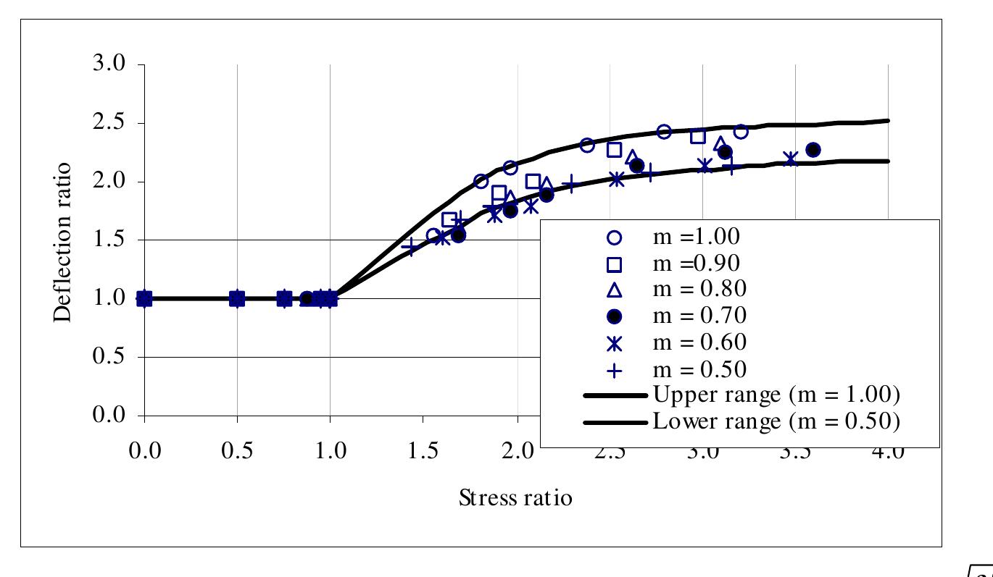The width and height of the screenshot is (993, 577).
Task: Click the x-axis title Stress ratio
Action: [x=515, y=498]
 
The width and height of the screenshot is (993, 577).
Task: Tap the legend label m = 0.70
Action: [x=699, y=316]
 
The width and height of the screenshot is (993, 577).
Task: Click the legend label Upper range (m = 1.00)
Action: [x=776, y=395]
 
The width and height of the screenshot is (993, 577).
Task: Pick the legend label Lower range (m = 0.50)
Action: [x=776, y=421]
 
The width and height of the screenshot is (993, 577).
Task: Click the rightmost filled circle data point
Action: [x=813, y=150]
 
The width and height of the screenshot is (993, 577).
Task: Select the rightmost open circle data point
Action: [x=740, y=131]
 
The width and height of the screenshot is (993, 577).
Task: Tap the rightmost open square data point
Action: [x=698, y=136]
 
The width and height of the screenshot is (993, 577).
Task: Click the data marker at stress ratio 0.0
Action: [x=144, y=298]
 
